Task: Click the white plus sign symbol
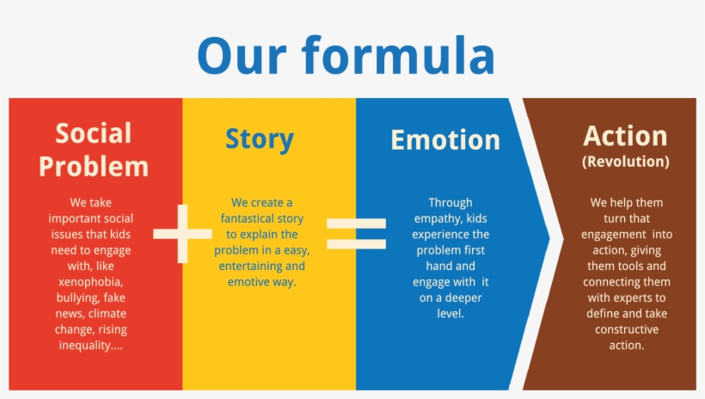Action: point(181,233)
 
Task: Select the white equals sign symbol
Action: point(356,233)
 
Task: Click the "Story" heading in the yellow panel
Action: point(260,139)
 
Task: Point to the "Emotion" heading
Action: point(444,140)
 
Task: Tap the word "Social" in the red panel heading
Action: point(94,133)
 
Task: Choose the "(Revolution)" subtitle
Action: point(625,161)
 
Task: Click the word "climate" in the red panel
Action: point(107,314)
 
